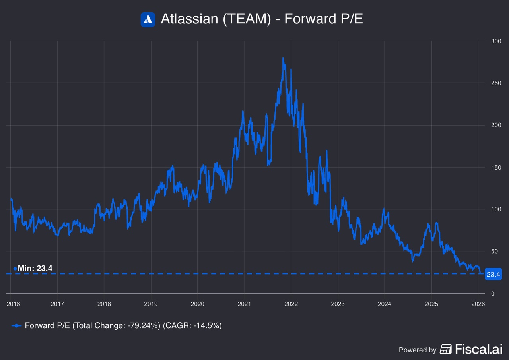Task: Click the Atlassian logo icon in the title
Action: click(148, 19)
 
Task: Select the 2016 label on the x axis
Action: click(13, 304)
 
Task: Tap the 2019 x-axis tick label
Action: click(151, 304)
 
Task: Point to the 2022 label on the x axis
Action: click(291, 304)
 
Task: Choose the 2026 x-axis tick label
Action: click(478, 304)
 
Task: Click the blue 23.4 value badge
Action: click(493, 274)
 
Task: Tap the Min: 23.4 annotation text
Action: click(35, 269)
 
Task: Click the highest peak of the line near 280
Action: click(283, 58)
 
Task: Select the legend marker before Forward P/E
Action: click(16, 326)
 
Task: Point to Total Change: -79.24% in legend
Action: click(116, 326)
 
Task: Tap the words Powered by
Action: click(418, 350)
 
